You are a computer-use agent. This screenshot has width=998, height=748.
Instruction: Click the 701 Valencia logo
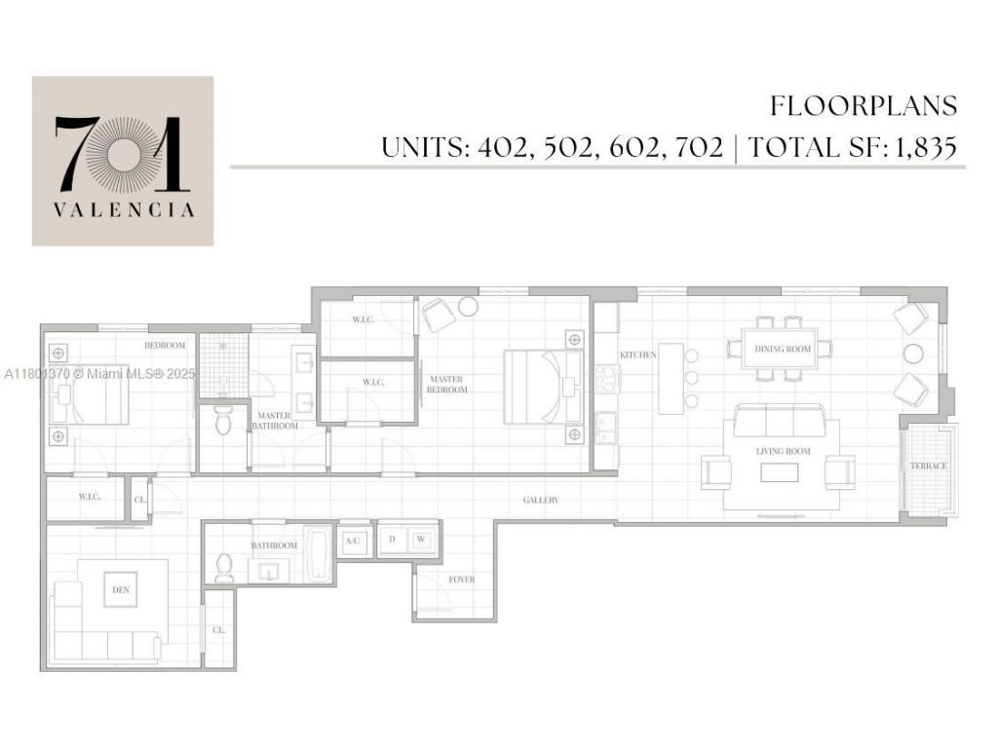(123, 161)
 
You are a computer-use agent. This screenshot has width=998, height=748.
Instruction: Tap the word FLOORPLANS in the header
(864, 105)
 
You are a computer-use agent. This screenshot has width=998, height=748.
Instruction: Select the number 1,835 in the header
(922, 148)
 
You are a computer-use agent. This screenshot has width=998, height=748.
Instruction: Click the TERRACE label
(929, 467)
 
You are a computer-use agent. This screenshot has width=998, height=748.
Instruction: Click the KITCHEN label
(639, 355)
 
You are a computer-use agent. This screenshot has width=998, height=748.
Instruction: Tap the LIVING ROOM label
(784, 452)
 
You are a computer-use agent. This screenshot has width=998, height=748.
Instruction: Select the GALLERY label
(541, 500)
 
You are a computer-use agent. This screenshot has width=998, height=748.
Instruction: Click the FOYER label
(462, 580)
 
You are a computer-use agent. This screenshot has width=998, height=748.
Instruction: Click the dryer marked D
(393, 539)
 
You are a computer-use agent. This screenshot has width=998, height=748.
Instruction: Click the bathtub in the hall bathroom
(319, 556)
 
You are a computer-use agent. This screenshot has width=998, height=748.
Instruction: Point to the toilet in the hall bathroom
(225, 566)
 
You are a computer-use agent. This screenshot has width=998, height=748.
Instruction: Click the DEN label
(122, 589)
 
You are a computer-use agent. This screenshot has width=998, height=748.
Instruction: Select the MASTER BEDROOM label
(446, 384)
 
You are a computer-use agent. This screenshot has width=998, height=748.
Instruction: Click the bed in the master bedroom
(536, 387)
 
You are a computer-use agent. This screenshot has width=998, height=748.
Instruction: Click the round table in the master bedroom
(469, 306)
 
